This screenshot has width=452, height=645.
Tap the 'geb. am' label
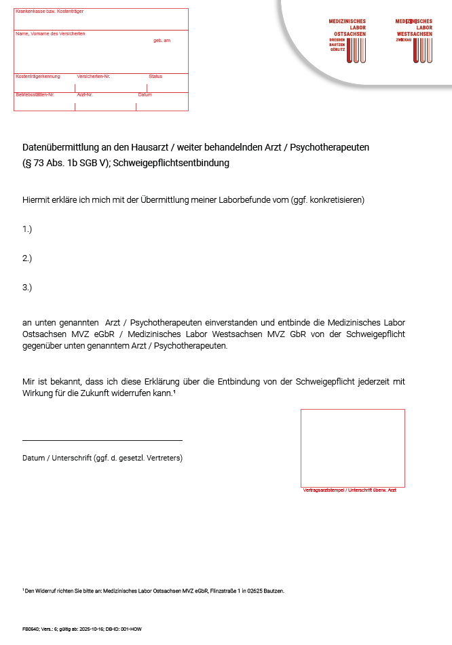tap(162, 41)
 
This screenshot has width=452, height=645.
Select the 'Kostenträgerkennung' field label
tap(38, 77)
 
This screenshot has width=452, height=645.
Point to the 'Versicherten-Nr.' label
tap(89, 77)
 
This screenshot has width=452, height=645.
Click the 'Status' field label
tap(155, 77)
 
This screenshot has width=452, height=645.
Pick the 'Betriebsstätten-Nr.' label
tap(35, 95)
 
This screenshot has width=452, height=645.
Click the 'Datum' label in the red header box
tap(145, 95)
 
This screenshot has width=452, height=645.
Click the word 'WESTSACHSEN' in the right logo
tap(414, 33)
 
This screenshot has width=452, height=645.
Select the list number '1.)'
tap(27, 229)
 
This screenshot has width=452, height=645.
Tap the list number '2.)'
tap(27, 258)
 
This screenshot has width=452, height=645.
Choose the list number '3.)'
tap(27, 288)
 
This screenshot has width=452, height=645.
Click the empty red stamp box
tap(352, 448)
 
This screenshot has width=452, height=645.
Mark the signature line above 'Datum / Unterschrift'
tap(102, 440)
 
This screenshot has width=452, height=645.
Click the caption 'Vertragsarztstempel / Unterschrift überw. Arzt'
tap(350, 490)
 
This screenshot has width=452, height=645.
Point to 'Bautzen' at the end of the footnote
tap(274, 591)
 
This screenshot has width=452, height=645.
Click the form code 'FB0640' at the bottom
tap(30, 629)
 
